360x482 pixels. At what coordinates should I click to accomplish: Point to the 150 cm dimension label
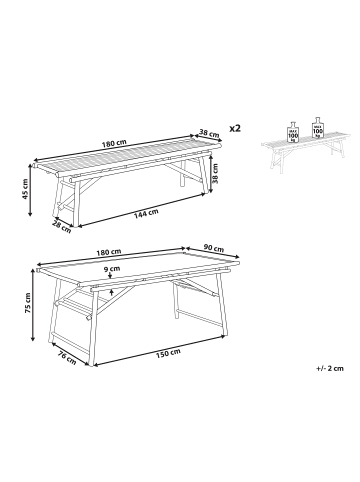pyautogui.click(x=168, y=352)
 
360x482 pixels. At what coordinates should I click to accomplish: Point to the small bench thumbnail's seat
pyautogui.click(x=305, y=142)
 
